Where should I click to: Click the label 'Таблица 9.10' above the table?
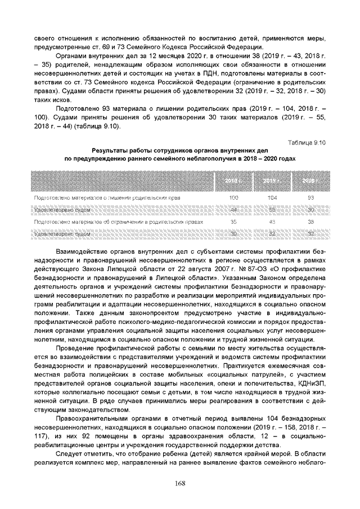pyautogui.click(x=307, y=143)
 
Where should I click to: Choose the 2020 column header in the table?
pyautogui.click(x=310, y=181)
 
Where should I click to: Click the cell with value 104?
pyautogui.click(x=272, y=198)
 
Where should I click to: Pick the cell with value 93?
pyautogui.click(x=310, y=198)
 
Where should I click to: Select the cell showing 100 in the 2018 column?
pyautogui.click(x=233, y=198)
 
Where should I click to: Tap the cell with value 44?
pyautogui.click(x=233, y=209)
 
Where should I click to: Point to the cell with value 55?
pyautogui.click(x=272, y=209)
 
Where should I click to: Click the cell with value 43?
pyautogui.click(x=272, y=221)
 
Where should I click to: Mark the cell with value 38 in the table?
pyautogui.click(x=310, y=221)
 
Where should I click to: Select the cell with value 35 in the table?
pyautogui.click(x=233, y=221)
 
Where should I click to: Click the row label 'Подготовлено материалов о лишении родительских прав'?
pyautogui.click(x=107, y=198)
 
